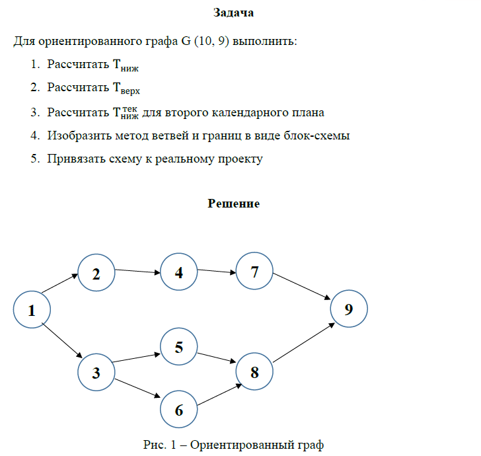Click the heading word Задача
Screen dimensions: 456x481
point(234,13)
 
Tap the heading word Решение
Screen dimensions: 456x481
point(234,204)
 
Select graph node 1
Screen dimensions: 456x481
point(31,309)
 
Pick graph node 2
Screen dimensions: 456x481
point(96,273)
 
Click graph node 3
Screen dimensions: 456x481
point(96,373)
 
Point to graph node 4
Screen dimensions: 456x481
point(179,272)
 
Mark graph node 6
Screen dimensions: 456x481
point(179,409)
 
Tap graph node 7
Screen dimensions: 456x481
point(255,271)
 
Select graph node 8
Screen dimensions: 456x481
point(254,372)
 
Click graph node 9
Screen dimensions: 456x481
point(349,309)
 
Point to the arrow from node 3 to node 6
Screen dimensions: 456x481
point(137,389)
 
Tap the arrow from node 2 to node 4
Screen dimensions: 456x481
point(137,271)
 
